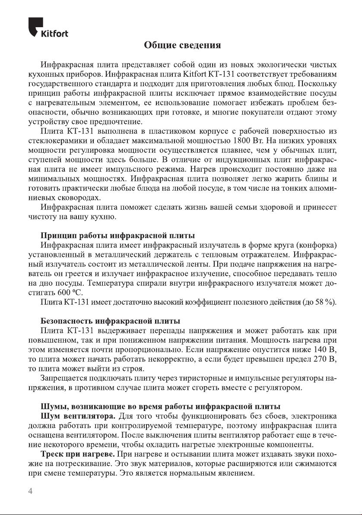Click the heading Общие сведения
tap(182, 45)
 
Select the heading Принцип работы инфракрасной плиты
tap(117, 236)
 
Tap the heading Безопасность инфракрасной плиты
tap(111, 322)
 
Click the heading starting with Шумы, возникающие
tap(160, 407)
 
